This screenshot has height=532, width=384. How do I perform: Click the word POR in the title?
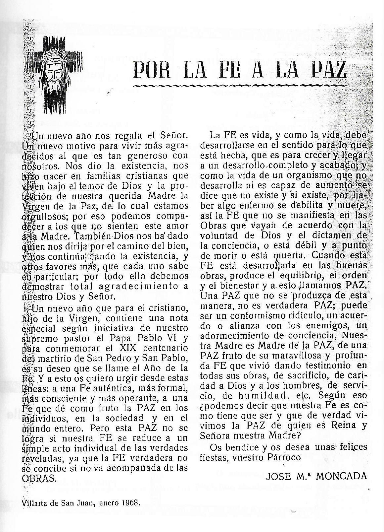pyautogui.click(x=150, y=71)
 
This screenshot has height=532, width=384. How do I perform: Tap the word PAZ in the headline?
pyautogui.click(x=325, y=71)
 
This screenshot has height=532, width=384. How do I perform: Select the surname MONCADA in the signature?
pyautogui.click(x=342, y=476)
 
